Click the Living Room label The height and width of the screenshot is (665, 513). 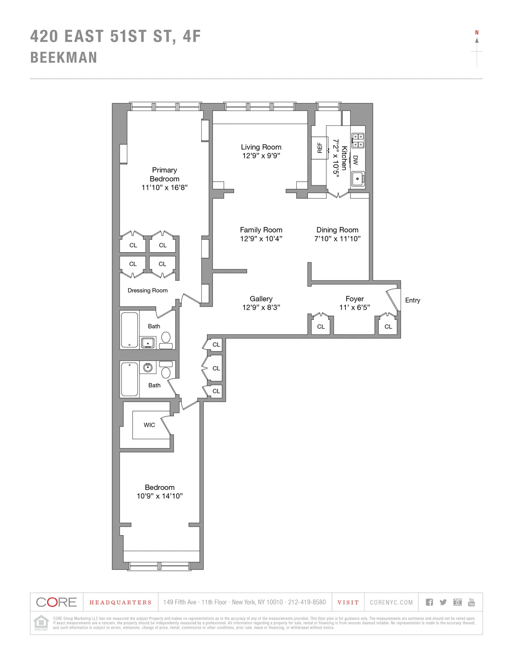click(x=261, y=147)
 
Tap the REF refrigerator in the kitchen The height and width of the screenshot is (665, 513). click(x=319, y=148)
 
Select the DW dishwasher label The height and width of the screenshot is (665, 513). click(x=355, y=160)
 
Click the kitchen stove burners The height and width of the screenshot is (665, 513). click(x=358, y=141)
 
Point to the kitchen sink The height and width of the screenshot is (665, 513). click(x=357, y=179)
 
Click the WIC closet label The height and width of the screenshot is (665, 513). click(x=149, y=425)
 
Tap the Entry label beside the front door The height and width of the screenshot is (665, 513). click(x=413, y=300)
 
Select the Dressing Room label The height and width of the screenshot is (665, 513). click(x=147, y=290)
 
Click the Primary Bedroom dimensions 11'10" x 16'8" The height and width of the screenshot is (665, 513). click(x=165, y=188)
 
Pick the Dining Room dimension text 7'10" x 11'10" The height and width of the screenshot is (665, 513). click(x=337, y=239)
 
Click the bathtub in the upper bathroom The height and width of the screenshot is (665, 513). click(x=130, y=330)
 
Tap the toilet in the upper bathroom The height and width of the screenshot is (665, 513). click(x=166, y=339)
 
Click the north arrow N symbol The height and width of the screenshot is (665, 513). click(x=477, y=33)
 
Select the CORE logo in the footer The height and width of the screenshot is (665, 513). click(x=56, y=602)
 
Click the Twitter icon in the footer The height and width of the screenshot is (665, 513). click(x=443, y=602)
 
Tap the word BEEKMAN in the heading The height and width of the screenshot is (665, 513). click(x=64, y=58)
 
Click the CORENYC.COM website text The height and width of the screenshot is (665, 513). click(x=391, y=602)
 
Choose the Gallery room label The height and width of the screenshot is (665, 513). click(x=261, y=298)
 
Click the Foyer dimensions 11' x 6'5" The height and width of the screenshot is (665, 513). click(x=354, y=307)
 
